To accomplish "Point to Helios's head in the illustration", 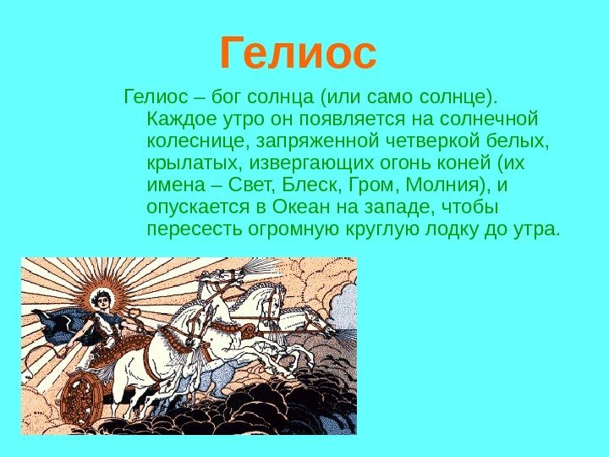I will pyautogui.click(x=102, y=300).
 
